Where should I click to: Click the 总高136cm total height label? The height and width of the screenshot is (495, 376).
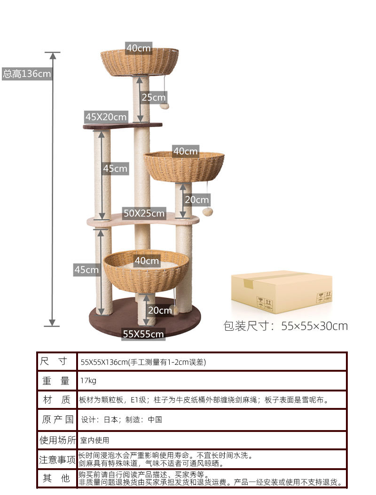pyautogui.click(x=27, y=74)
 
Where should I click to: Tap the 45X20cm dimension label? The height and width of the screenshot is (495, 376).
pyautogui.click(x=106, y=117)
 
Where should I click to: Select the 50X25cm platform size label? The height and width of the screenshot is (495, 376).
pyautogui.click(x=144, y=213)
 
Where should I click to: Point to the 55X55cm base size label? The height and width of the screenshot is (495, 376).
pyautogui.click(x=143, y=334)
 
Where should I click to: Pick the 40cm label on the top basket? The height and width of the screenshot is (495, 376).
pyautogui.click(x=138, y=48)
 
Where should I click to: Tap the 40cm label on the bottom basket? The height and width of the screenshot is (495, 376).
pyautogui.click(x=147, y=260)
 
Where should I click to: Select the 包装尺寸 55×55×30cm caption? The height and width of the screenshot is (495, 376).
pyautogui.click(x=285, y=326)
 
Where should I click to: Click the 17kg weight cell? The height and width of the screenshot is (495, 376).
pyautogui.click(x=88, y=381)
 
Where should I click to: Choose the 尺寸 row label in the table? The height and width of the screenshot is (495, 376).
pyautogui.click(x=57, y=362)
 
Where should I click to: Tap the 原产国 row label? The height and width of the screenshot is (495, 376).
pyautogui.click(x=57, y=419)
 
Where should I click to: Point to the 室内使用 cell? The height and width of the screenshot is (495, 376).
pyautogui.click(x=94, y=440)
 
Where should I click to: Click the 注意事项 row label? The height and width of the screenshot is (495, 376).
pyautogui.click(x=57, y=459)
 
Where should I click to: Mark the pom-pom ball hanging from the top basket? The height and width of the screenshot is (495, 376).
pyautogui.click(x=164, y=106)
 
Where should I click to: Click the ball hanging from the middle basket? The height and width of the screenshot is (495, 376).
pyautogui.click(x=207, y=211)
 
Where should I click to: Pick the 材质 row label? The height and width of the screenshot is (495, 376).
pyautogui.click(x=57, y=400)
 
